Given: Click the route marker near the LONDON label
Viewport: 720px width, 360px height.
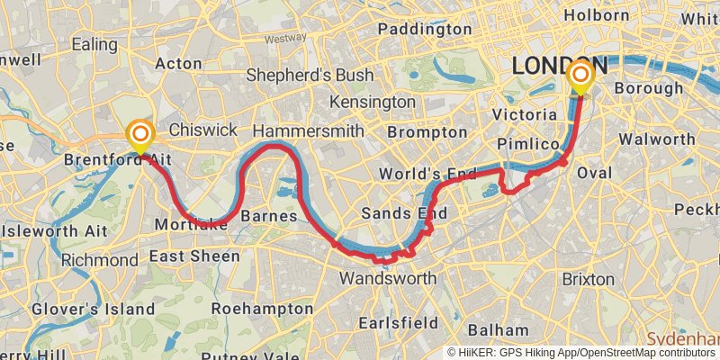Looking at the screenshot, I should point(580,76).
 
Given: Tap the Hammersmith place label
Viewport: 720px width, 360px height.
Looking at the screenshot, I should point(309,131).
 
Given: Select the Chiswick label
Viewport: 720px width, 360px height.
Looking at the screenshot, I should point(202,130).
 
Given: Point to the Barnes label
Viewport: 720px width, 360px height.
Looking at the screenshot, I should point(269,217).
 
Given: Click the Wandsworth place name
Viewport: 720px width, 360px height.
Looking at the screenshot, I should point(387,278).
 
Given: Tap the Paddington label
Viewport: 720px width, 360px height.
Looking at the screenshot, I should point(425,30).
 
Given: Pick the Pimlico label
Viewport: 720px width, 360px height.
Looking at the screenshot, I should point(527,145).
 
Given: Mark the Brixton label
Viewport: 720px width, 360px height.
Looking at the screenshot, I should point(589,279).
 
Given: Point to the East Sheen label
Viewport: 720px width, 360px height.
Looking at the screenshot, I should point(195,256).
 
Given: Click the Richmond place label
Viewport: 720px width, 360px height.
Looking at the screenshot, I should point(100,261).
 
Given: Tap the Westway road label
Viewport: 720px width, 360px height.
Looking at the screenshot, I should point(286,39).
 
